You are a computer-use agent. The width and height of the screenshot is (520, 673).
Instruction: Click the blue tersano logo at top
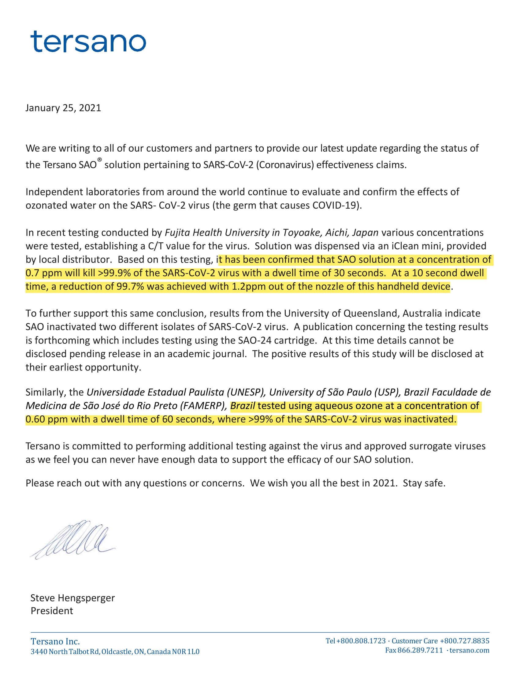pyautogui.click(x=88, y=41)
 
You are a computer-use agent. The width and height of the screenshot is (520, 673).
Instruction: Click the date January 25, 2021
pyautogui.click(x=63, y=108)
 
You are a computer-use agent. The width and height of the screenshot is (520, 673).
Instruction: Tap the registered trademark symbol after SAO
pyautogui.click(x=99, y=160)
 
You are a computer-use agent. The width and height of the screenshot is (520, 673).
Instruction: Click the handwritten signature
pyautogui.click(x=72, y=539)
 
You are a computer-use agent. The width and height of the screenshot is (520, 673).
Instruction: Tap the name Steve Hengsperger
pyautogui.click(x=72, y=598)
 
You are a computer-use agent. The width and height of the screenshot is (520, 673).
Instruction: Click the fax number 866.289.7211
pyautogui.click(x=420, y=650)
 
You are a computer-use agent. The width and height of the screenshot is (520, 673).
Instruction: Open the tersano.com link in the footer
pyautogui.click(x=469, y=650)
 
